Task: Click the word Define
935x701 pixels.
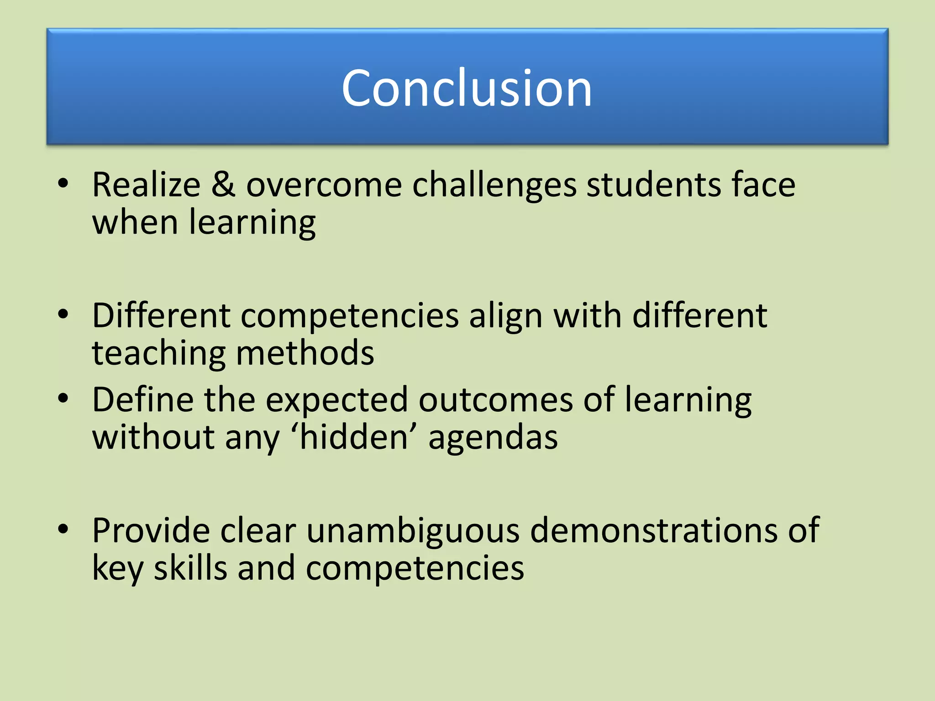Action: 142,400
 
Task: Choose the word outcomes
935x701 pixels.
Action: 496,400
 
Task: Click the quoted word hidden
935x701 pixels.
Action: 354,437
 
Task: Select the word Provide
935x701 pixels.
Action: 151,530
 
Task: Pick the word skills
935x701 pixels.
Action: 190,569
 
